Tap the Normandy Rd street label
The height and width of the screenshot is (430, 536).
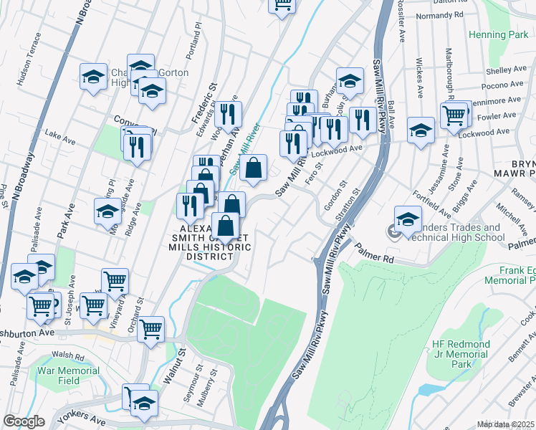pos(439,14)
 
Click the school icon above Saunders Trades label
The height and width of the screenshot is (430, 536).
pos(408,219)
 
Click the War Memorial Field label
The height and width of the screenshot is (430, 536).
pos(69,376)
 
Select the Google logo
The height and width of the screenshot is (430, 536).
pos(24,421)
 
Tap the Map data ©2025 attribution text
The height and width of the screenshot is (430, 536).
pos(506,424)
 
